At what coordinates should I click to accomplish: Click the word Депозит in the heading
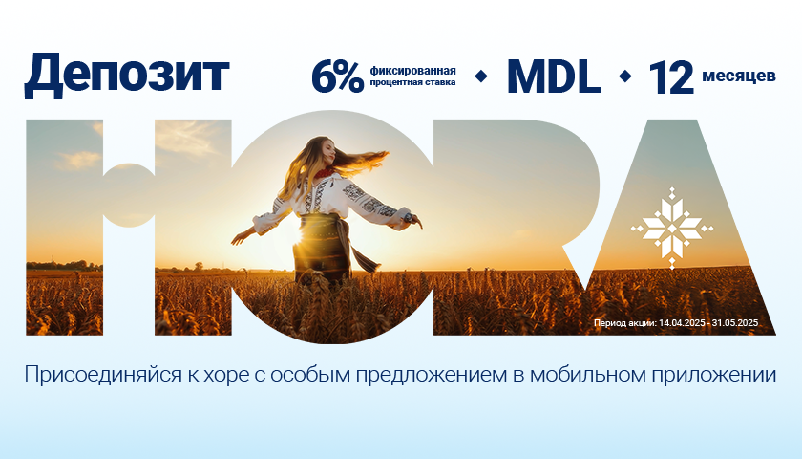(126, 75)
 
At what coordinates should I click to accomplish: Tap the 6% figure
(338, 77)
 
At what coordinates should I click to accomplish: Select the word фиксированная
(412, 71)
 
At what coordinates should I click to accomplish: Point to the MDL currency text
(554, 76)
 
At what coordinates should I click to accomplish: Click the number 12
(670, 77)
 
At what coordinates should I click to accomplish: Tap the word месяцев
(739, 76)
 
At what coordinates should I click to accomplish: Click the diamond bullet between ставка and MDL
(481, 76)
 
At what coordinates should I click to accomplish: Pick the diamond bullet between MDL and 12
(625, 76)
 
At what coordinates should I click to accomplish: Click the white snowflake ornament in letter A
(671, 228)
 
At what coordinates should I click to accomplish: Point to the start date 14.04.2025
(682, 323)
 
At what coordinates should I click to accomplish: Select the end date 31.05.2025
(735, 323)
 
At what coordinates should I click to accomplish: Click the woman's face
(328, 153)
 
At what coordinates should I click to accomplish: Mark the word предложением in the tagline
(431, 376)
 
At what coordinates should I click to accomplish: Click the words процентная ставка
(412, 82)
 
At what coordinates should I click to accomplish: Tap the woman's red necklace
(324, 173)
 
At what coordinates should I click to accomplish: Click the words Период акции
(625, 323)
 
